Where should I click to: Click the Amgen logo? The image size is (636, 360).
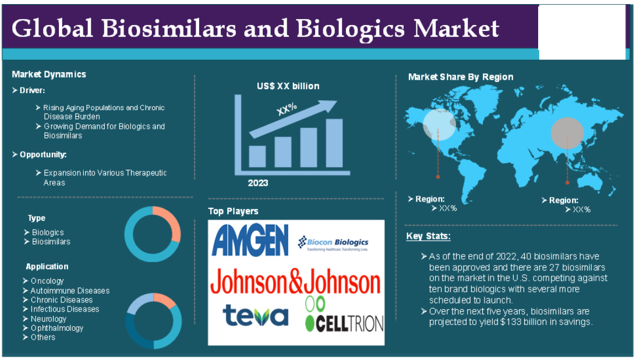coord(250,240)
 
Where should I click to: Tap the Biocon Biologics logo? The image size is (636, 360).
coord(333,243)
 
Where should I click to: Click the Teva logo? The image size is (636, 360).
coord(256,315)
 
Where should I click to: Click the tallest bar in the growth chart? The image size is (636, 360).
coord(334,143)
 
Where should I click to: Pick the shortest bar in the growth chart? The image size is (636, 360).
coord(257,156)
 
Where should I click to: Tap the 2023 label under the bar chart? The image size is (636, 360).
coord(258,183)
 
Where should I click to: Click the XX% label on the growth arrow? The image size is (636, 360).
coord(287,109)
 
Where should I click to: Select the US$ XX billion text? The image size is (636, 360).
coord(288,86)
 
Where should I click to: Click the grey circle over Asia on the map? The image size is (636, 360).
coord(567,133)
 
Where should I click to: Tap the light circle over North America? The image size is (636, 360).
coord(439,125)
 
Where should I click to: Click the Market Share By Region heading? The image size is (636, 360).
coord(461,77)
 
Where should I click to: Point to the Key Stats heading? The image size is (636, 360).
coord(428,236)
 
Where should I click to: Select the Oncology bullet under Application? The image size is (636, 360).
coord(47,281)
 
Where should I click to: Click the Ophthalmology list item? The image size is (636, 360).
coord(57,328)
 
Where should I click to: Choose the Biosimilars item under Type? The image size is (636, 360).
coord(51,242)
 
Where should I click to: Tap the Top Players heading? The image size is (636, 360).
coord(233,211)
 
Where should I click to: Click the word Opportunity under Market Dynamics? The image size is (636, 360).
coord(43,154)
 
